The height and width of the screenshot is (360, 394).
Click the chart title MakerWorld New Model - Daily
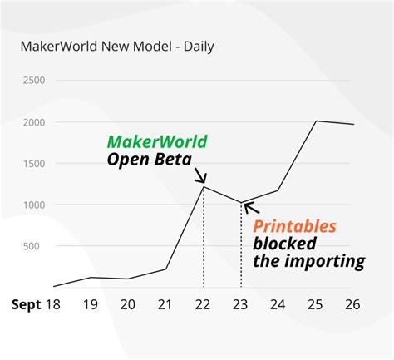(117, 46)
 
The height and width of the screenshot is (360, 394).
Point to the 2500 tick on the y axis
(33, 81)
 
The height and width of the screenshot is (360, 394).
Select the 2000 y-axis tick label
(33, 122)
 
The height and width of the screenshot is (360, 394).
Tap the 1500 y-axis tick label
(33, 163)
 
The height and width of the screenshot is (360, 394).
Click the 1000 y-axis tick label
(33, 205)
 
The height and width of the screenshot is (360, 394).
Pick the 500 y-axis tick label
(37, 246)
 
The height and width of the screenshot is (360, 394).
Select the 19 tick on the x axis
(91, 304)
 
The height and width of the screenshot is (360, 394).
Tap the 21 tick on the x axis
(165, 304)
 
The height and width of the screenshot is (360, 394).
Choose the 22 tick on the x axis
(204, 304)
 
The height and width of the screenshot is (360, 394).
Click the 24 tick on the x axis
(278, 304)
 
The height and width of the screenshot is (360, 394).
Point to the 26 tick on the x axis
(352, 304)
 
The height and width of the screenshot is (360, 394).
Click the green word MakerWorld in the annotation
(157, 141)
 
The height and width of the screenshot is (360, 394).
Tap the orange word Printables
(294, 225)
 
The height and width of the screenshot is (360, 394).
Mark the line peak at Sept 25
(316, 121)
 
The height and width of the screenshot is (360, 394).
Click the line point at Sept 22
(204, 186)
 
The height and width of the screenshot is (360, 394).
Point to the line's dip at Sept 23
(240, 202)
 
